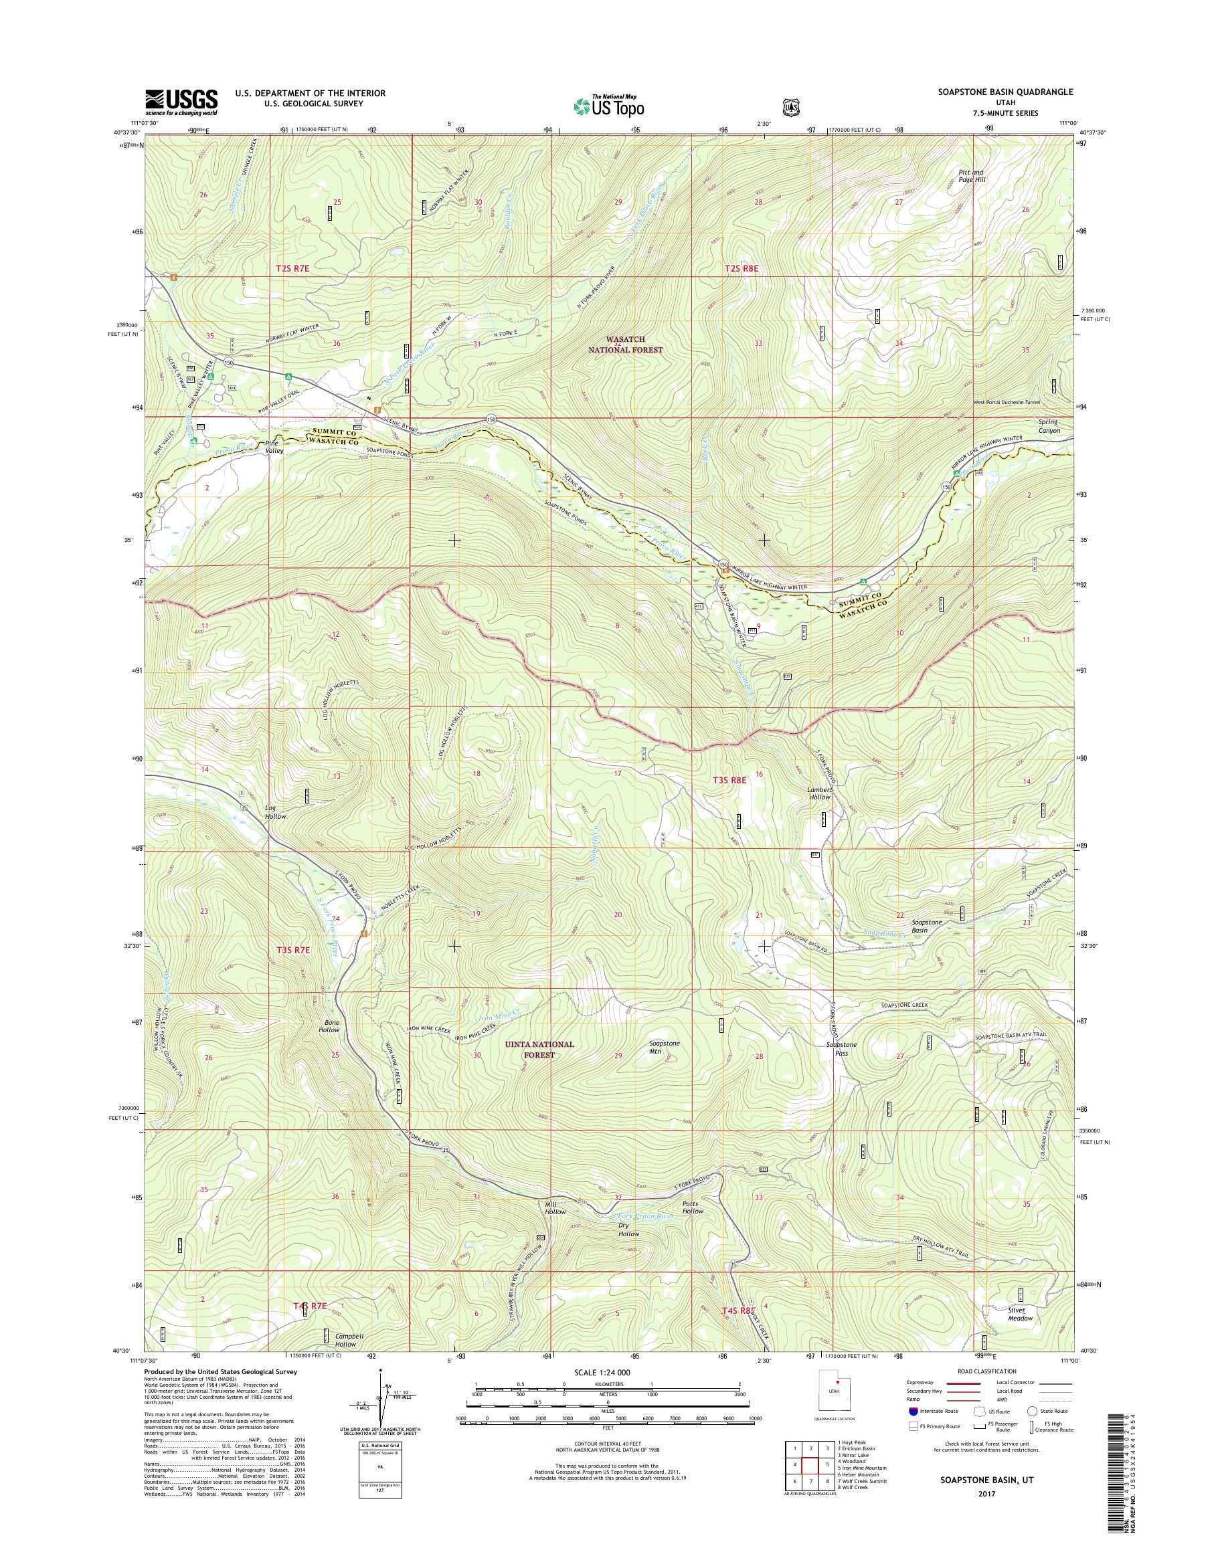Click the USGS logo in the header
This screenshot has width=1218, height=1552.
click(x=181, y=102)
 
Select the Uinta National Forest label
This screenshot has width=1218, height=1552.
click(x=548, y=1049)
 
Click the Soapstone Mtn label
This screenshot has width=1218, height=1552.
click(x=665, y=1046)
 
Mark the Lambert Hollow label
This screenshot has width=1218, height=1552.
click(x=819, y=793)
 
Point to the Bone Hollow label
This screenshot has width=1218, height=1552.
click(x=329, y=1026)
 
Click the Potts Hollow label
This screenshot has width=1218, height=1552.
click(x=693, y=1207)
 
